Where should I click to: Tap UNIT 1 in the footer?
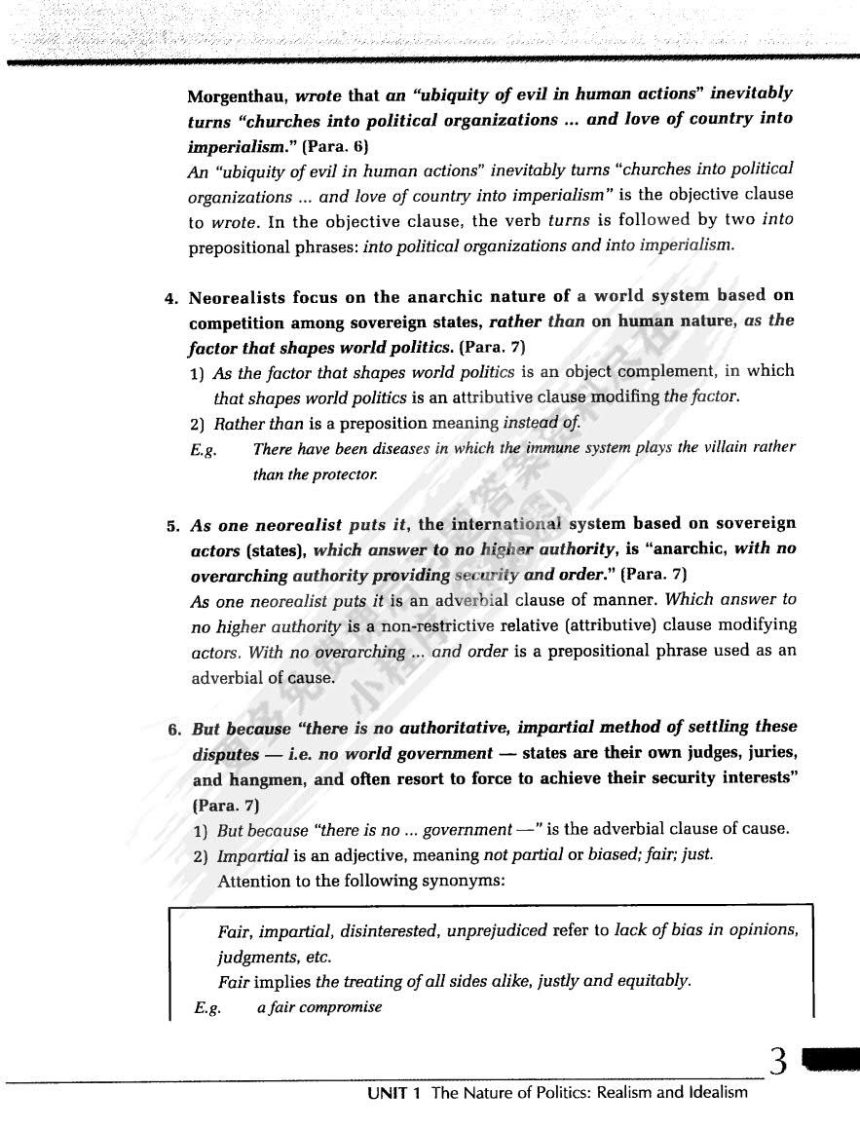coord(393,1093)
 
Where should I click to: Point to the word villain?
coord(708,448)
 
